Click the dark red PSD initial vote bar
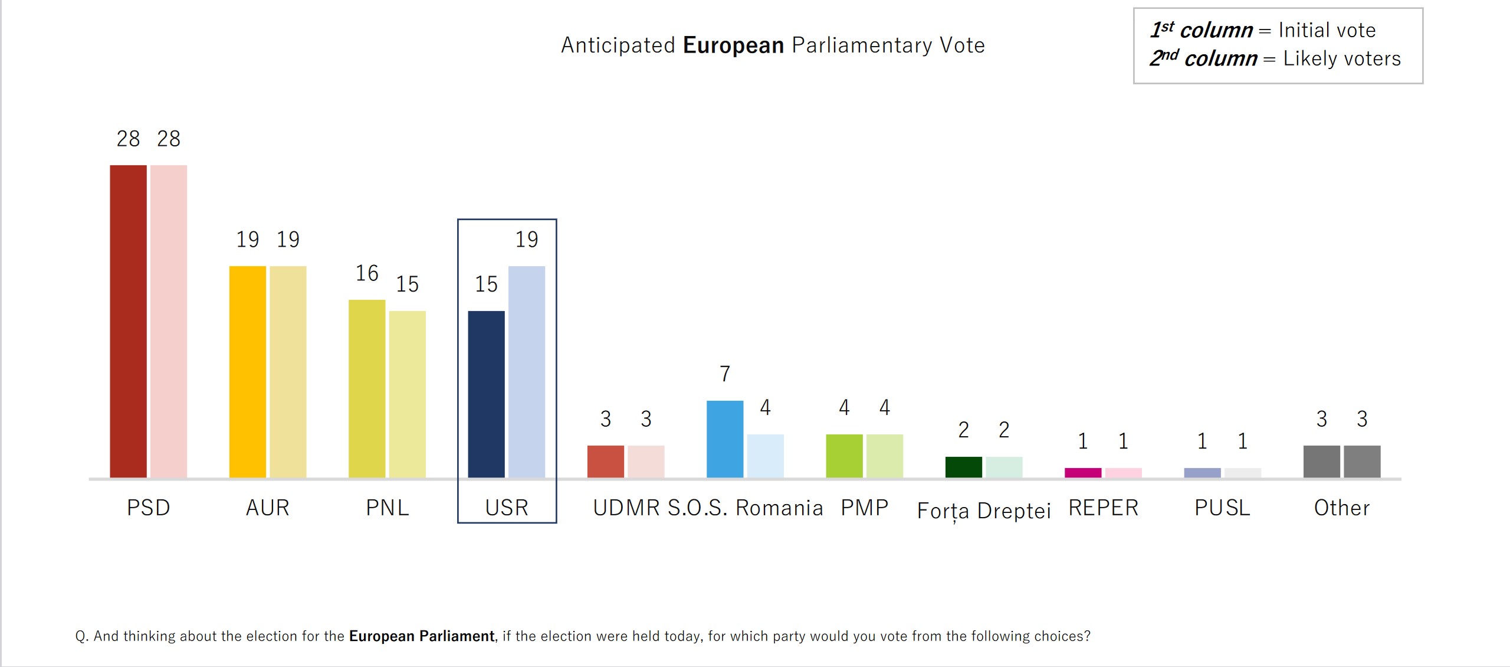coord(128,321)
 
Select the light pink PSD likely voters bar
coord(169,321)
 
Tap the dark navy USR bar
coord(486,394)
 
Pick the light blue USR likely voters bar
coord(527,372)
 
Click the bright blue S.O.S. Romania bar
coord(725,439)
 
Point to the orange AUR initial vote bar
coord(248,372)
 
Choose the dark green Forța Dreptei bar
coord(963,467)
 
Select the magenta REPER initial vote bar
coord(1083,473)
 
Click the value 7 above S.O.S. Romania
coord(725,374)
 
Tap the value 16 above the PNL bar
coord(367,273)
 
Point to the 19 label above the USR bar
coord(527,240)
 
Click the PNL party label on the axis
coord(387,508)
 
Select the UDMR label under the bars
coord(626,508)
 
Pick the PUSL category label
coord(1222,508)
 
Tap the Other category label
coord(1342,508)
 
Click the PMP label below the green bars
coord(864,508)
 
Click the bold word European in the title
coord(733,45)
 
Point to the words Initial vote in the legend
coord(1327,30)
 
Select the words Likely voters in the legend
coord(1342,58)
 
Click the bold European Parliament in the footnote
coord(422,636)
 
